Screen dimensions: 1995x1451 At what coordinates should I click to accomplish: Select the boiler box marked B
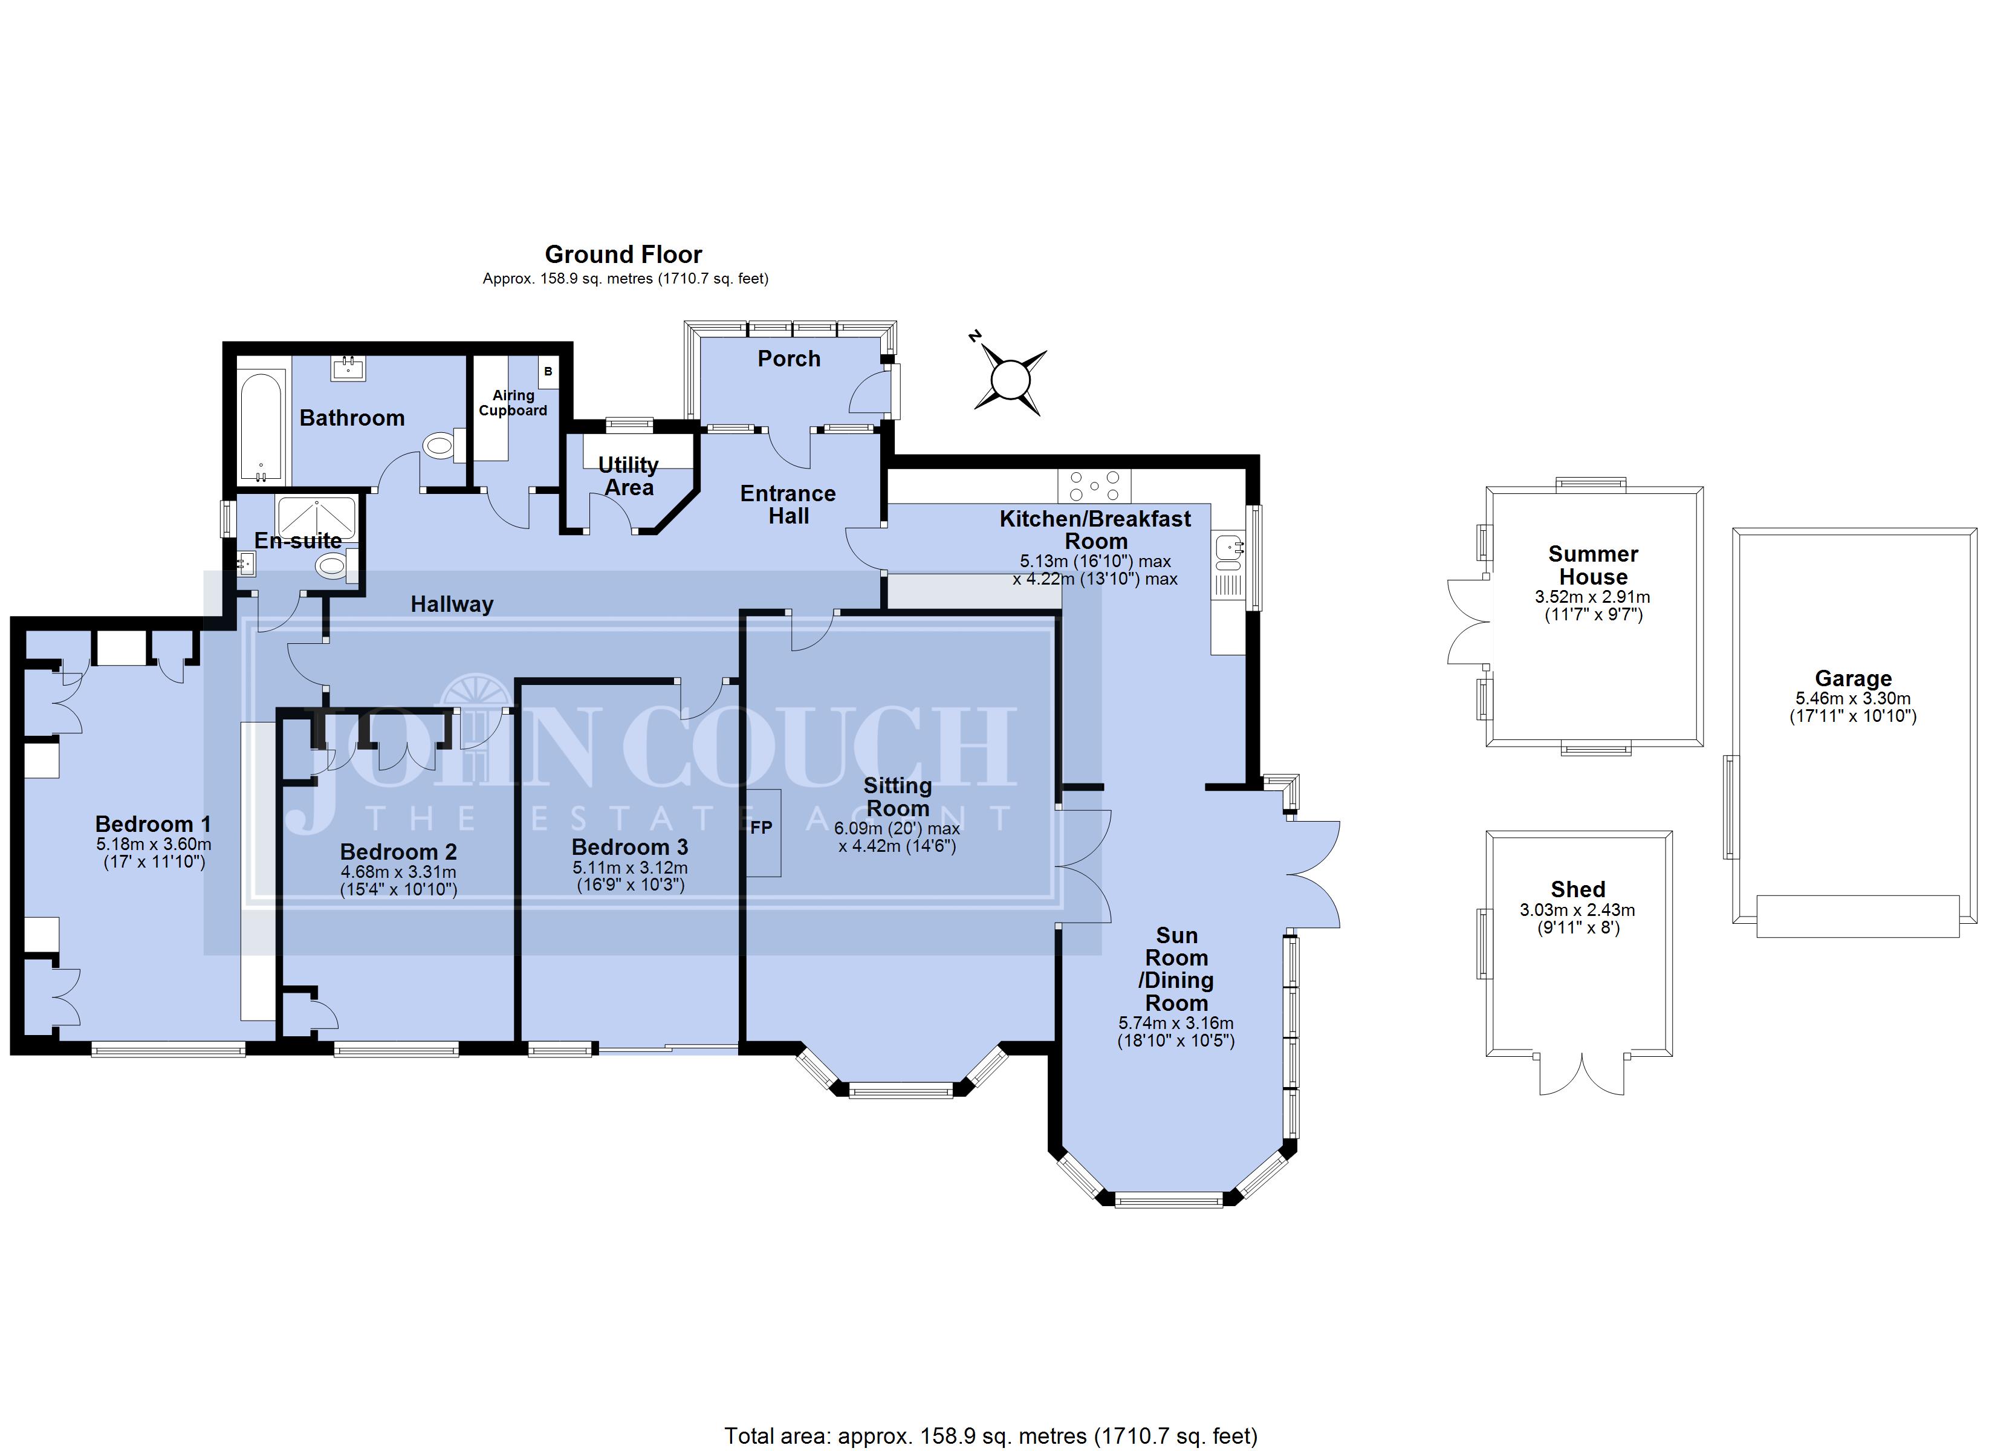548,371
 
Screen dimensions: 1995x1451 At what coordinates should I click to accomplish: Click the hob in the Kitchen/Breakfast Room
1094,485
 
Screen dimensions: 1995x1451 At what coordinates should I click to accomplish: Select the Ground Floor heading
624,255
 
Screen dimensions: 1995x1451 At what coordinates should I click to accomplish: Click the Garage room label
1854,678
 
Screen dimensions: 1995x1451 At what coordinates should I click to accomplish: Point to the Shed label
1578,889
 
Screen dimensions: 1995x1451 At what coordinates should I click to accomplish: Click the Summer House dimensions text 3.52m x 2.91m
1593,597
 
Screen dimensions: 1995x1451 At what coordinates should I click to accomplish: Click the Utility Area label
628,476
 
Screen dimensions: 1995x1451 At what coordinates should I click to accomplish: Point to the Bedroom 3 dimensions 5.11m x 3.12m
630,868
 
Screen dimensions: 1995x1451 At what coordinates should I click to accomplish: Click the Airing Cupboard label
513,403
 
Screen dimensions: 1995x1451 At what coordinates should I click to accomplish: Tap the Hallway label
452,603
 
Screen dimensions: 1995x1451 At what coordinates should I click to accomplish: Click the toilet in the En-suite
332,565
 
